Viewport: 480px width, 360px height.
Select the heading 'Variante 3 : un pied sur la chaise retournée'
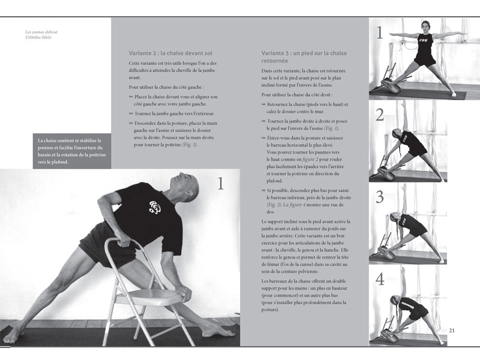295,57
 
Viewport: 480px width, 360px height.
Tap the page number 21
452,330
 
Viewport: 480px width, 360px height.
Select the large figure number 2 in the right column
379,115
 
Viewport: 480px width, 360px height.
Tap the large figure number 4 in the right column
379,279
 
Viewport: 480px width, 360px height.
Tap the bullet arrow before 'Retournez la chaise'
263,104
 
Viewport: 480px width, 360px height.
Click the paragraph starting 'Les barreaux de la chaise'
305,296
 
